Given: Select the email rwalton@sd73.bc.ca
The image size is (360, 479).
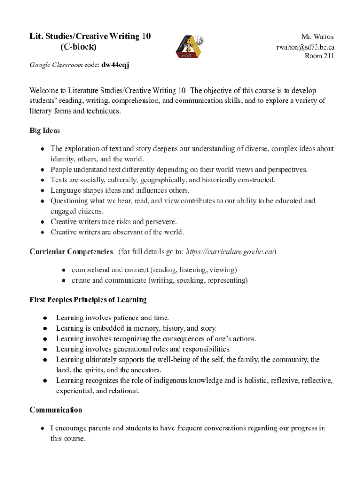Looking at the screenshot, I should [305, 47].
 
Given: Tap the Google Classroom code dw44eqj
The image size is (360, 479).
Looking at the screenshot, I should [115, 65].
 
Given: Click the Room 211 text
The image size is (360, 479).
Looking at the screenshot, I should [319, 56].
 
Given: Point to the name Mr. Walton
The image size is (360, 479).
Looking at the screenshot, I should [317, 36].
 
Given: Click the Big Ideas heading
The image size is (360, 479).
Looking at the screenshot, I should [45, 131].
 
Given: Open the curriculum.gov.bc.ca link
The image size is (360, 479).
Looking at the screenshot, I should [230, 252].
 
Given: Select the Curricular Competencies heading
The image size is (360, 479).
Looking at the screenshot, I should [71, 252].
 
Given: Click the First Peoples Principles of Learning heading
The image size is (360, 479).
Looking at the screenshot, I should [88, 299].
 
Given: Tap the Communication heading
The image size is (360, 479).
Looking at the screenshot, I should [56, 410].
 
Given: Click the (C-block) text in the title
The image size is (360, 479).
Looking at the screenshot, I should [78, 47].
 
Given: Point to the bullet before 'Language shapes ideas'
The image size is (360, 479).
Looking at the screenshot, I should [42, 191].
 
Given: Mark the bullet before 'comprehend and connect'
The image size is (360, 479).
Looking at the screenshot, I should [63, 270].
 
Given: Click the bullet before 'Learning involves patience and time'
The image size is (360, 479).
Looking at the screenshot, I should [45, 318].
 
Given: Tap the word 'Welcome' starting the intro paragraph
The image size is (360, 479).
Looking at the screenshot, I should [45, 90].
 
